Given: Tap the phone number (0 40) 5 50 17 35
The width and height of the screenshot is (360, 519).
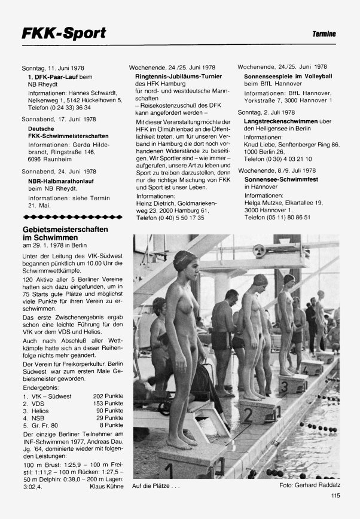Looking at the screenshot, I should (170, 219).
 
